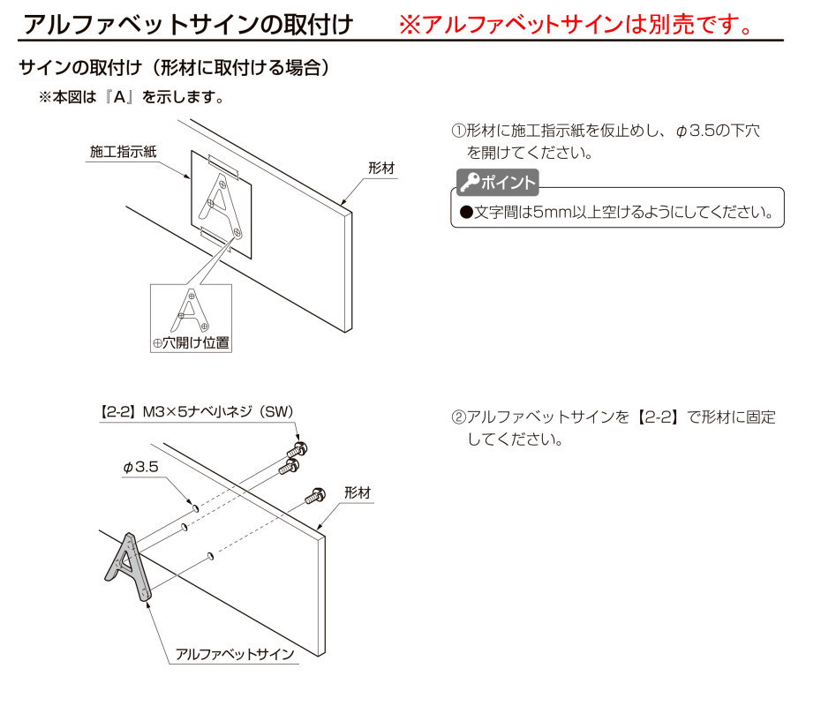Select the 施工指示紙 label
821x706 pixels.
point(123,152)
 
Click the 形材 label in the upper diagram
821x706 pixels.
point(381,168)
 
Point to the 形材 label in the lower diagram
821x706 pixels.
point(358,492)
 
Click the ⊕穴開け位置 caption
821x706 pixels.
point(191,342)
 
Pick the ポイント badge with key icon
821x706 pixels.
point(497,182)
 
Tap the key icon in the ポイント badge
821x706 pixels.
point(469,182)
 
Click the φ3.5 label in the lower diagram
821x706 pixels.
point(140,467)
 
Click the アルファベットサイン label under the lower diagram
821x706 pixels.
point(235,654)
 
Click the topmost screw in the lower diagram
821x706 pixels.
point(298,449)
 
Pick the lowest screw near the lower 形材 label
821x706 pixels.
point(315,495)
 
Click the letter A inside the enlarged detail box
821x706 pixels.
point(190,311)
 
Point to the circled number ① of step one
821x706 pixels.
point(458,131)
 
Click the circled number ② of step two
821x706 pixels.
point(458,417)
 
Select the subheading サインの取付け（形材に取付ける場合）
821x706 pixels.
point(176,68)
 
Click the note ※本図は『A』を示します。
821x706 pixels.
point(132,97)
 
